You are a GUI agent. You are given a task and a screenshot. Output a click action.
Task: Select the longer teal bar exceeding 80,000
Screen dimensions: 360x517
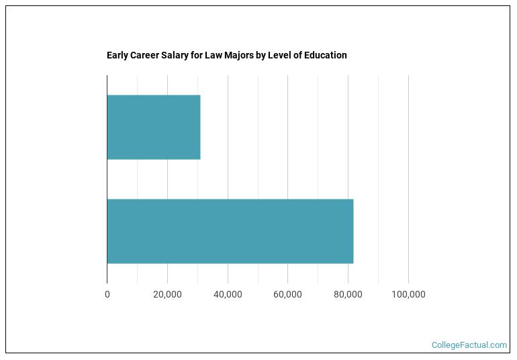pyautogui.click(x=230, y=231)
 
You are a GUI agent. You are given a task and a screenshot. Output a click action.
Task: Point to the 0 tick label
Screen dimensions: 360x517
pyautogui.click(x=107, y=294)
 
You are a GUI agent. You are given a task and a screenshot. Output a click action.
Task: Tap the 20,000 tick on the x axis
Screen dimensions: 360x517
pyautogui.click(x=167, y=294)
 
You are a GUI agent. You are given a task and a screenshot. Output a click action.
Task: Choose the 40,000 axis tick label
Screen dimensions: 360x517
pyautogui.click(x=228, y=294)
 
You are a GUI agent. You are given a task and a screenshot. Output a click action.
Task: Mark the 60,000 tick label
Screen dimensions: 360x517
pyautogui.click(x=287, y=294)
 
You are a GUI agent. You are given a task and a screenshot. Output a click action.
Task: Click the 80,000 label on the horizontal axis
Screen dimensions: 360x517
pyautogui.click(x=348, y=294)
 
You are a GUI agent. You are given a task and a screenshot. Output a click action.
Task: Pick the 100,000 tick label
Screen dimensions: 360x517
pyautogui.click(x=408, y=294)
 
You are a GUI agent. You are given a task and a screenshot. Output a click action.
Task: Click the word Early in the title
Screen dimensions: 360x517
pyautogui.click(x=117, y=55)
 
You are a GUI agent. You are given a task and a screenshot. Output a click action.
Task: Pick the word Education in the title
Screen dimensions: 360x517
pyautogui.click(x=325, y=55)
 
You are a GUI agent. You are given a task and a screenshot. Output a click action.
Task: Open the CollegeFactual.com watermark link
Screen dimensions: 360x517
pyautogui.click(x=469, y=345)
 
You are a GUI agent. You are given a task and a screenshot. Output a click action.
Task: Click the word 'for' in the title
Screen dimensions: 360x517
pyautogui.click(x=197, y=55)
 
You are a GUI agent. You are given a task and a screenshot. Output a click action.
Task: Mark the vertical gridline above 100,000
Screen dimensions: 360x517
pyautogui.click(x=408, y=134)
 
